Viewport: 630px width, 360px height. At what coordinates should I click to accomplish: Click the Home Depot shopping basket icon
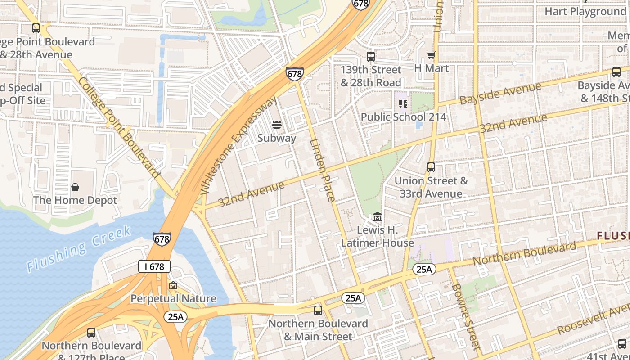[75, 187]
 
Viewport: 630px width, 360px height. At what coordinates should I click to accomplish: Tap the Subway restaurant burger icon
[276, 125]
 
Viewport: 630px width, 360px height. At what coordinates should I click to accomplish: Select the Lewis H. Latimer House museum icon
[378, 217]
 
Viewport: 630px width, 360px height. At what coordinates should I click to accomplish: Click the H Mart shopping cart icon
[431, 55]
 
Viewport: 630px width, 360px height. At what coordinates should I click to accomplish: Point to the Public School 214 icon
[403, 104]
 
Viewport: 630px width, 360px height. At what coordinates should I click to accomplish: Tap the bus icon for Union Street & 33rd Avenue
[431, 167]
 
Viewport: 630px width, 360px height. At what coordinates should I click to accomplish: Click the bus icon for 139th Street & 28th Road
[371, 57]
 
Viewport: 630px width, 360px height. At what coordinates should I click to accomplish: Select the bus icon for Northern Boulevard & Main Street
[318, 310]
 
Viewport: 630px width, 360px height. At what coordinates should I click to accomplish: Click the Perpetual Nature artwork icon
[173, 285]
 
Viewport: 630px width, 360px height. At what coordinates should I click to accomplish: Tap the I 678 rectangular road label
[154, 266]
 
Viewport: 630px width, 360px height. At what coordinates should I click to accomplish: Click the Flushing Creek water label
[79, 249]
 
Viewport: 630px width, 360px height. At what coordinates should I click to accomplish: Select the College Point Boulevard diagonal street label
[119, 127]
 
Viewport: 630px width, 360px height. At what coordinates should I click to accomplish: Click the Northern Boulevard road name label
[524, 253]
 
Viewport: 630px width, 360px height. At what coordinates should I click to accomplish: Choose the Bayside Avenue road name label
[500, 93]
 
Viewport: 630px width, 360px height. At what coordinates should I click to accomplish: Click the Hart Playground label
[585, 11]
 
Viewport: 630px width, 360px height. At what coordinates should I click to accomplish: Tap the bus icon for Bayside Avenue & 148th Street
[616, 72]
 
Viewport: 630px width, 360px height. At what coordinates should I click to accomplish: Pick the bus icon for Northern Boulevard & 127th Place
[91, 333]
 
